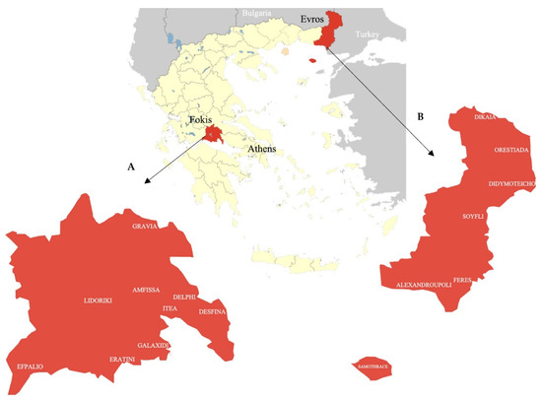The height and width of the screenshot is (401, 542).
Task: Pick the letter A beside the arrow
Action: [x=131, y=167]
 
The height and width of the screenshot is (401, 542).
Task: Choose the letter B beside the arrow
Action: [x=421, y=116]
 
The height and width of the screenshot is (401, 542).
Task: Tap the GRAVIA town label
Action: [x=146, y=226]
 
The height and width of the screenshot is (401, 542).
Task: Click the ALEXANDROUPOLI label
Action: [x=423, y=284]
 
